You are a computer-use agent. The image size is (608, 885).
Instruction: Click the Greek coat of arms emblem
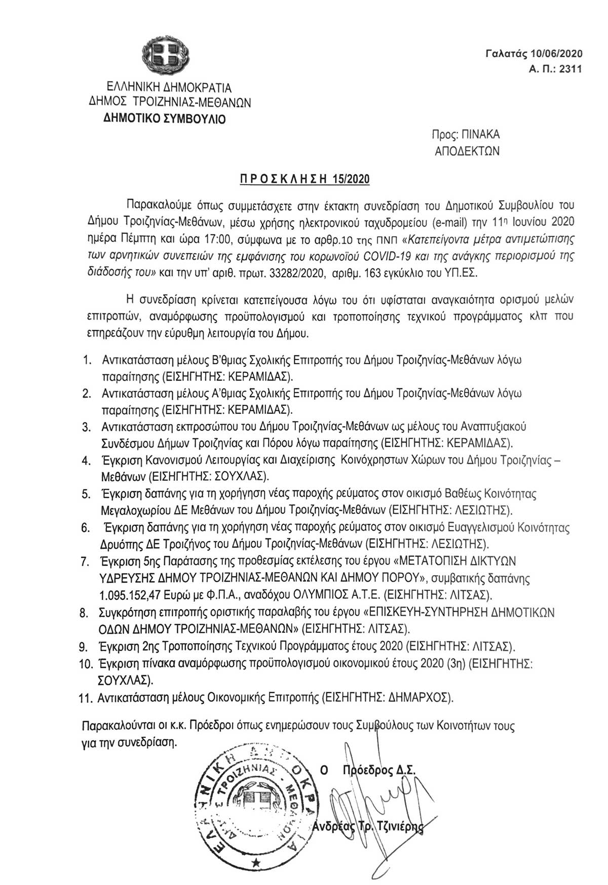pyautogui.click(x=166, y=55)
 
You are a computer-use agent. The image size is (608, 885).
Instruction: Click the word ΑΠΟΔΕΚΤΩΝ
pyautogui.click(x=467, y=151)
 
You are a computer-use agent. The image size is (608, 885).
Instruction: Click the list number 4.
pyautogui.click(x=87, y=461)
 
